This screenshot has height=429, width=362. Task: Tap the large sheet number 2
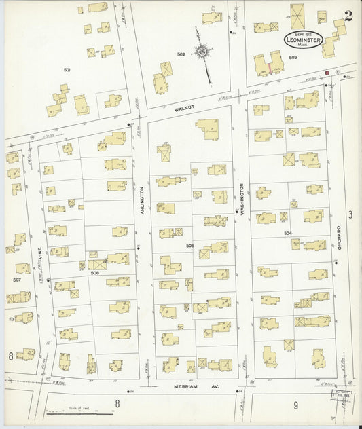pos(348,17)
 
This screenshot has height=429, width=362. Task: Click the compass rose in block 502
pos(202,51)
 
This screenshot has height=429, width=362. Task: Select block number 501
pos(67,70)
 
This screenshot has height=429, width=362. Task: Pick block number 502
pos(181,54)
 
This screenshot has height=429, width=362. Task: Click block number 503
pos(293,58)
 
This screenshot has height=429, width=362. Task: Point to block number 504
pos(288,233)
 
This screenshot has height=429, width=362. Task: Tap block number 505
pos(190,245)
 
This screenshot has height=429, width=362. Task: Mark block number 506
pos(95,272)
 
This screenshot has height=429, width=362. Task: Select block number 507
pos(17,279)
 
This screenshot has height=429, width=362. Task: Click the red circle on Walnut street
pos(327,73)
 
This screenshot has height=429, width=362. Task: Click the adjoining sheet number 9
pos(295,405)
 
